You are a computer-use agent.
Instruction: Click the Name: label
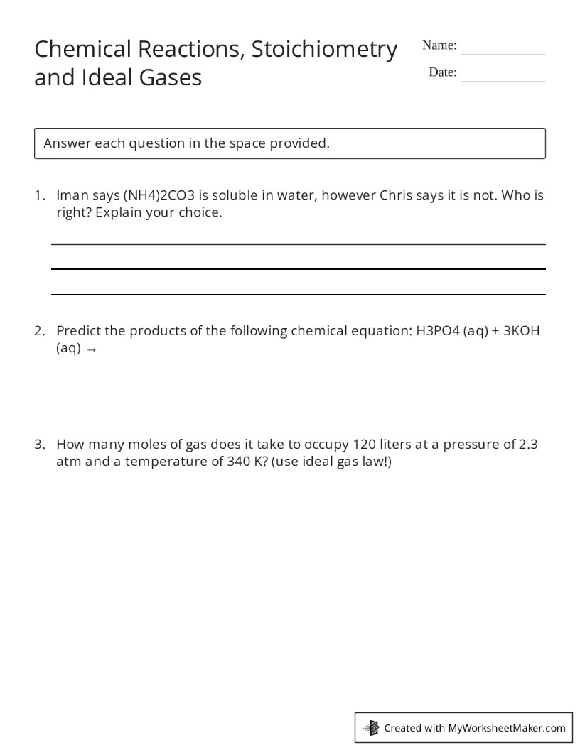point(439,45)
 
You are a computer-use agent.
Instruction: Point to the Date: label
point(443,72)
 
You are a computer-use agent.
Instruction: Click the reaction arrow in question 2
point(90,349)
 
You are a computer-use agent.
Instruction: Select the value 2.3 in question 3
point(528,445)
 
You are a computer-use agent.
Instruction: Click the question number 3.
point(39,445)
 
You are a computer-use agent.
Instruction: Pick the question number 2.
point(39,331)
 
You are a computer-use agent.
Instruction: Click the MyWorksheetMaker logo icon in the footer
point(371,727)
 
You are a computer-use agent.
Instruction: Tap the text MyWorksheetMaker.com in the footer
point(507,728)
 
